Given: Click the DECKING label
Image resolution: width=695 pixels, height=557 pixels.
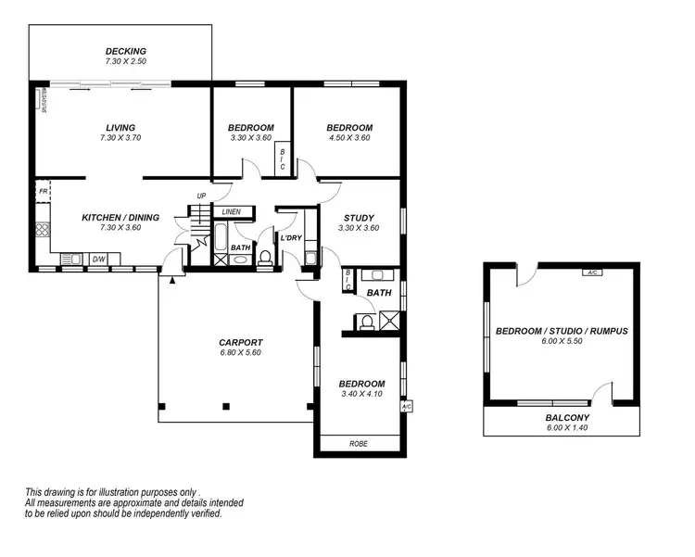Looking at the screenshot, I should click(126, 51).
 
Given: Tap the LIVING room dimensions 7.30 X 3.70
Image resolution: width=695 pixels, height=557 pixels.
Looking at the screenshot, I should click(120, 138).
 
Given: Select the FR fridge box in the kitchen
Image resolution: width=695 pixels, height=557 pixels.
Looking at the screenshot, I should click(43, 192).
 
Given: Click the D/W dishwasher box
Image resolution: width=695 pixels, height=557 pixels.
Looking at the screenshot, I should click(99, 260).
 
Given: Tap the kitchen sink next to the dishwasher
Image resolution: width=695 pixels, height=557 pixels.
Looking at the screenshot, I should click(70, 260).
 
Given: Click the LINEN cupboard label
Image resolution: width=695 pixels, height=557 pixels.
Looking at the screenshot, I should click(231, 212).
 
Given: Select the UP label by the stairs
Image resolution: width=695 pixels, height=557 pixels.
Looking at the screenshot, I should click(201, 196).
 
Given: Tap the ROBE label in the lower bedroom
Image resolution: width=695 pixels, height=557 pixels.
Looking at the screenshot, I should click(358, 444).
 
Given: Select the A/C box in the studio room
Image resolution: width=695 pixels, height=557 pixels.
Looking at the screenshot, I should click(590, 272).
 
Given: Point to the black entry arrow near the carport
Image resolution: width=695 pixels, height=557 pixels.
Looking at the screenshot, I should click(171, 278).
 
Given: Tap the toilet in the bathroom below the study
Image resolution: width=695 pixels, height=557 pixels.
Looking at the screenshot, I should click(366, 323).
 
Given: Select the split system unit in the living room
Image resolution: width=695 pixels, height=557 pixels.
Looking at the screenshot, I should click(42, 100).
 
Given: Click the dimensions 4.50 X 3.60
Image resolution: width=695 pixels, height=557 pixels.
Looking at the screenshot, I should click(349, 138).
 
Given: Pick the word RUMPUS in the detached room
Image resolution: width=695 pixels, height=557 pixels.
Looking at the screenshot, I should click(609, 331).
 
